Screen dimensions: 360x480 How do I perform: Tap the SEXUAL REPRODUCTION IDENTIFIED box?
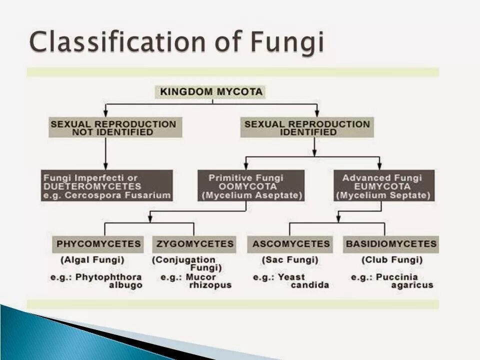307,128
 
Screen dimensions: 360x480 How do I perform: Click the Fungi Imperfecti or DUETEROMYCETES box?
107,186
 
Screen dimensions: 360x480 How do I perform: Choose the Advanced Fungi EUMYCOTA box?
383,186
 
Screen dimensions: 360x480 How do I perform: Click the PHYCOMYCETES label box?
98,244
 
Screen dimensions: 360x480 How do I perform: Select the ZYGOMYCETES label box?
194,244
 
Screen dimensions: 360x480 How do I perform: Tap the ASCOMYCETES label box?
290,244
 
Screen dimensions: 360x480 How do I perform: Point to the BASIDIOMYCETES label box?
390,244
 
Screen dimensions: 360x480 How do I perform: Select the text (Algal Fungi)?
92,260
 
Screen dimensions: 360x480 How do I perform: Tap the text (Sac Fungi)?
290,260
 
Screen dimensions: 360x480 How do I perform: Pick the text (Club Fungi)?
392,260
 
